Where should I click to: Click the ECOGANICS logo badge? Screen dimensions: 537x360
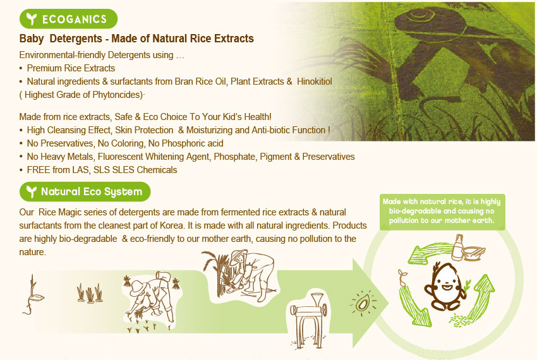(x=68, y=19)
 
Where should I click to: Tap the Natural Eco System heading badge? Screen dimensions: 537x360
(x=85, y=191)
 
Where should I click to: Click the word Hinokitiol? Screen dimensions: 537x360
(x=315, y=81)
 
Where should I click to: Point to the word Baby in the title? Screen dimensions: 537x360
(x=32, y=39)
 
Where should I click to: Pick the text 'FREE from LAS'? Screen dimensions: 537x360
(x=58, y=170)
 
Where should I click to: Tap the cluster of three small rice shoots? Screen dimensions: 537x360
(x=90, y=293)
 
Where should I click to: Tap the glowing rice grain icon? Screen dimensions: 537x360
(x=363, y=303)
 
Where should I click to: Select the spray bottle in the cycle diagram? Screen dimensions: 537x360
(x=457, y=248)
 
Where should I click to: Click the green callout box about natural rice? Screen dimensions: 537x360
(x=442, y=212)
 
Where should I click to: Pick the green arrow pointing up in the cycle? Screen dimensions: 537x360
(x=481, y=296)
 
